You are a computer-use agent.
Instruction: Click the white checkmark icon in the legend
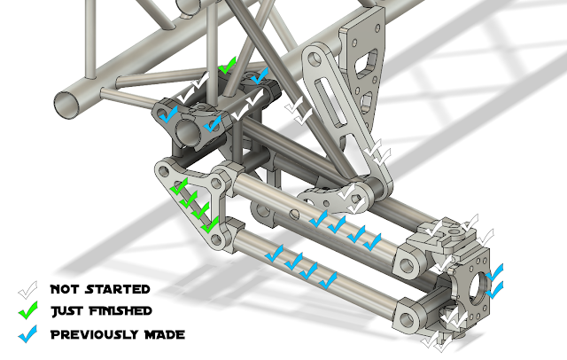pyautogui.click(x=27, y=290)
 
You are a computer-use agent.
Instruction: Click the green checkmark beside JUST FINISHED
pyautogui.click(x=27, y=310)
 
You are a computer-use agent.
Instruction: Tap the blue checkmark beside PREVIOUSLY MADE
pyautogui.click(x=27, y=334)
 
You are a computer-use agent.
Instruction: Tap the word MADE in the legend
pyautogui.click(x=165, y=334)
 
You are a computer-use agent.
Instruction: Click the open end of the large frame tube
pyautogui.click(x=67, y=105)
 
